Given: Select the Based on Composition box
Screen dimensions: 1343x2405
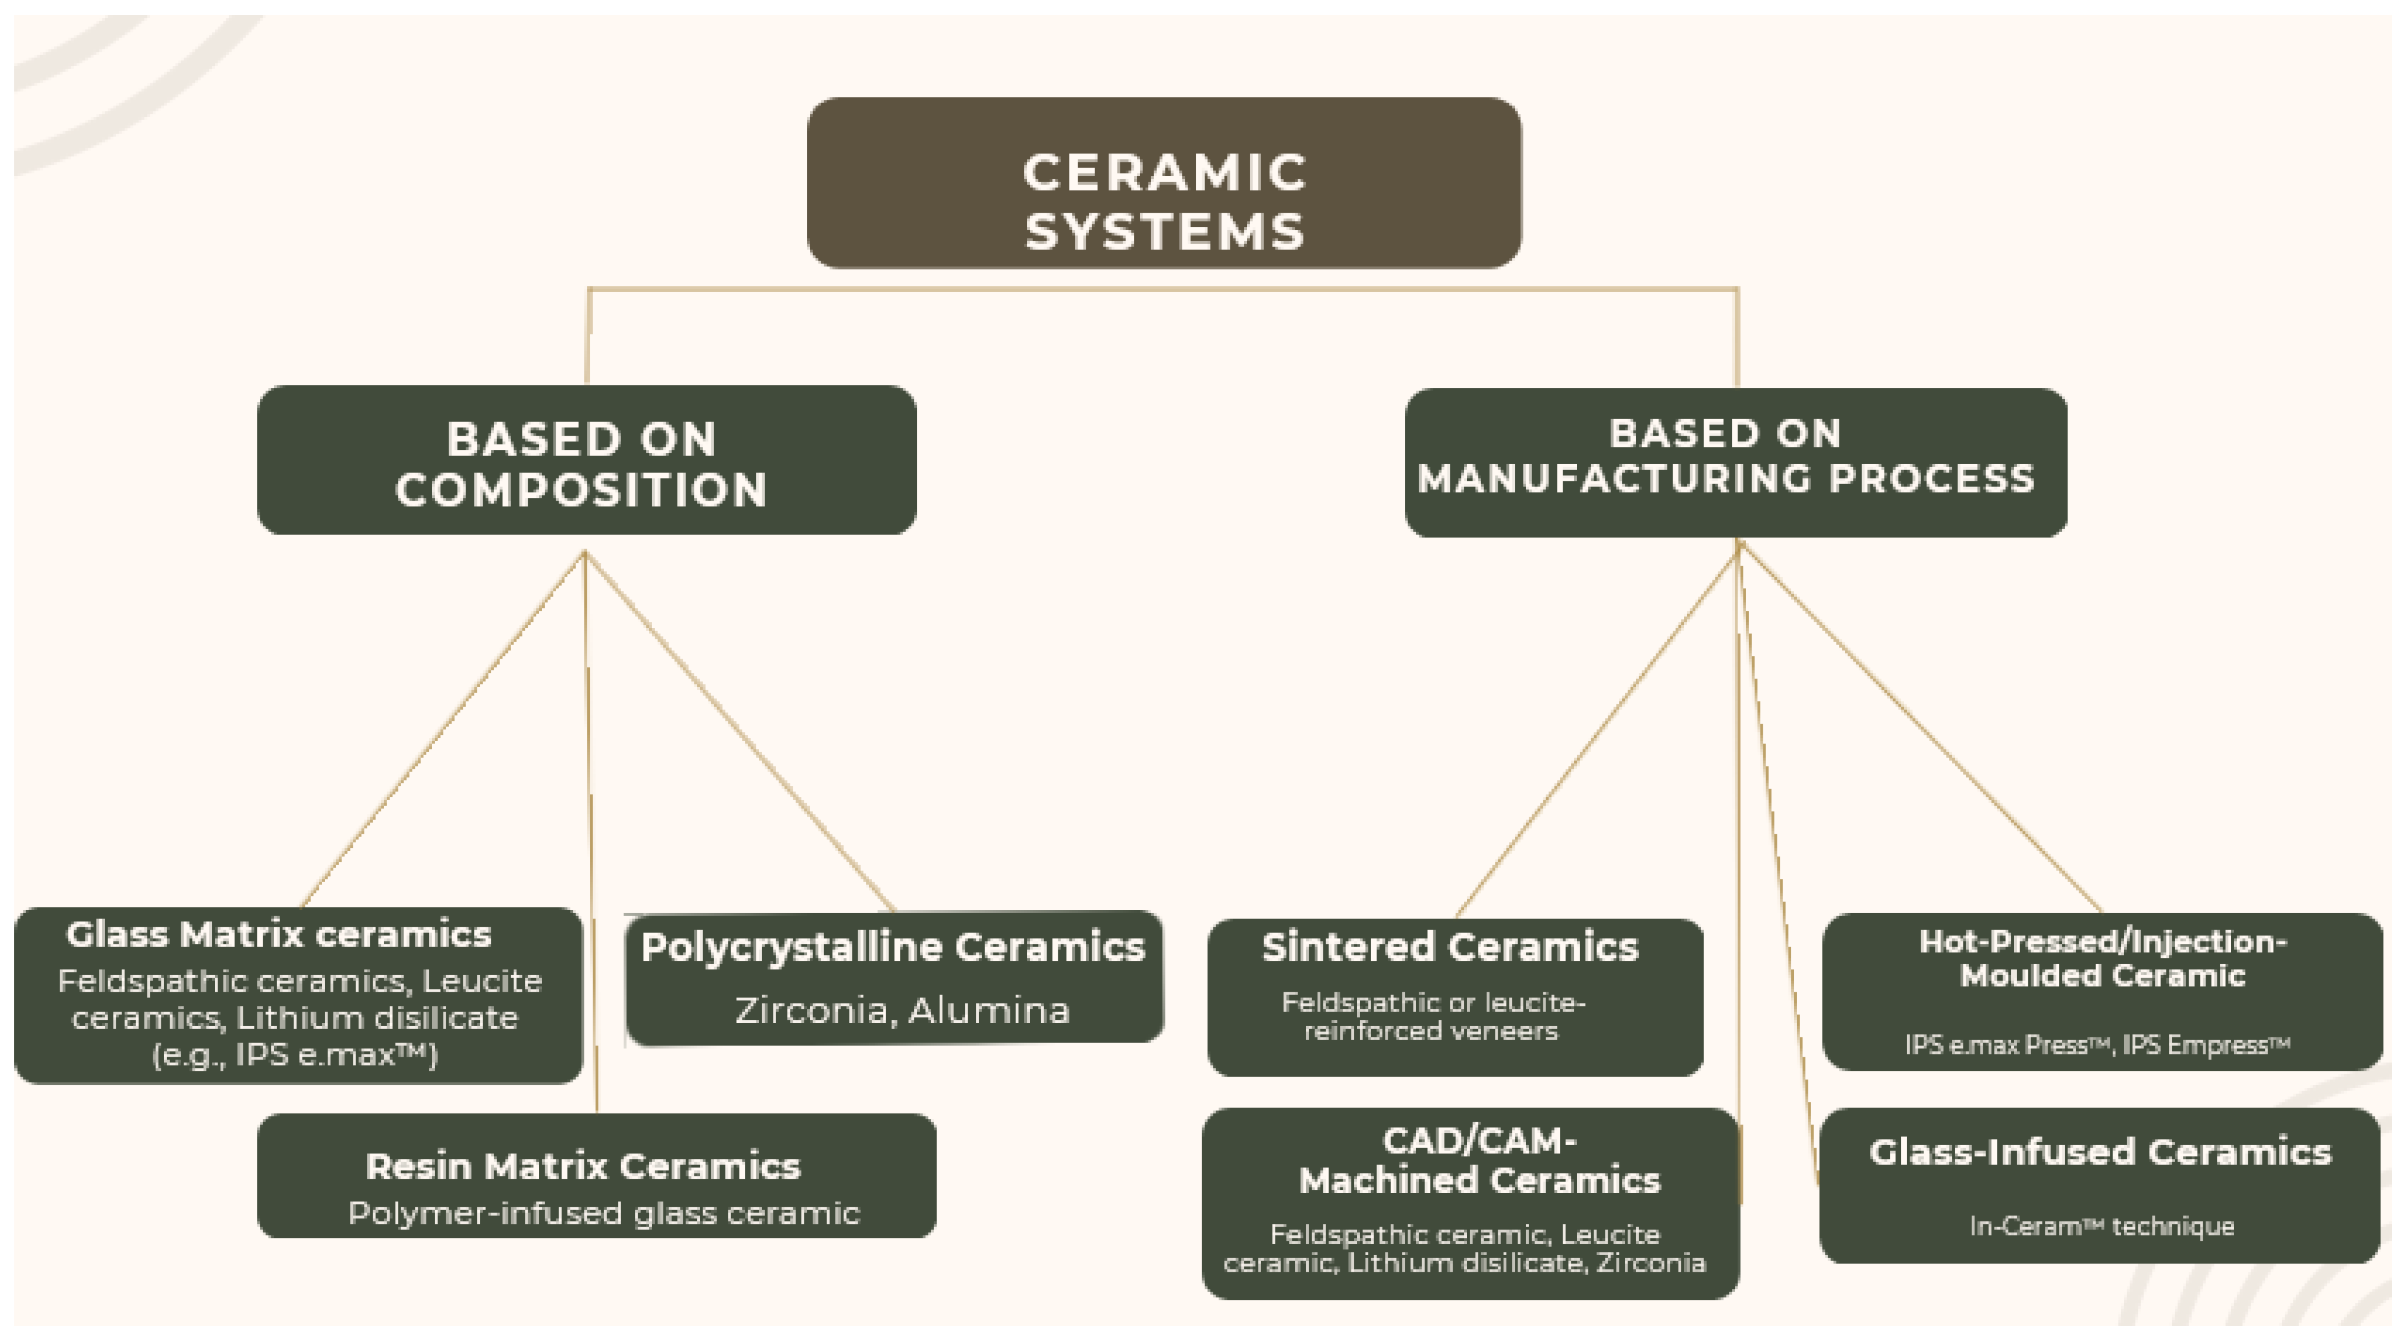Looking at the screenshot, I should pyautogui.click(x=586, y=460).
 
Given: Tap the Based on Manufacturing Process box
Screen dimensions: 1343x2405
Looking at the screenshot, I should pyautogui.click(x=1735, y=462).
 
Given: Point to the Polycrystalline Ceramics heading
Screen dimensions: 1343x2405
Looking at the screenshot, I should pyautogui.click(x=892, y=948).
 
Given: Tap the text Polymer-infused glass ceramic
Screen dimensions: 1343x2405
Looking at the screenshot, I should pyautogui.click(x=603, y=1213).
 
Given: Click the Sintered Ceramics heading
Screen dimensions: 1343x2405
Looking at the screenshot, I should pyautogui.click(x=1450, y=947).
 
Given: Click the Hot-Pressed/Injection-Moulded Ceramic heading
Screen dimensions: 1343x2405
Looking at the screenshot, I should pyautogui.click(x=2102, y=958).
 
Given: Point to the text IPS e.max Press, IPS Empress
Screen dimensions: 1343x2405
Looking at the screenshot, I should pyautogui.click(x=2097, y=1044).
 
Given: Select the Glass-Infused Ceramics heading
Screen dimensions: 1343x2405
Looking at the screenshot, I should pyautogui.click(x=2100, y=1153).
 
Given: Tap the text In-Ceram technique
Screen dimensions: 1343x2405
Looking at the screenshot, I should pyautogui.click(x=2102, y=1226).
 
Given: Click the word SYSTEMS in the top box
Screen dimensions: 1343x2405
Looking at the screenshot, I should pyautogui.click(x=1164, y=232).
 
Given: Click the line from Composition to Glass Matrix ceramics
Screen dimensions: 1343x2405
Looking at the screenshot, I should pyautogui.click(x=443, y=728).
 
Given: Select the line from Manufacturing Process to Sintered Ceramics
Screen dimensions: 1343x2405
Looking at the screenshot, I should pyautogui.click(x=1596, y=728).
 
